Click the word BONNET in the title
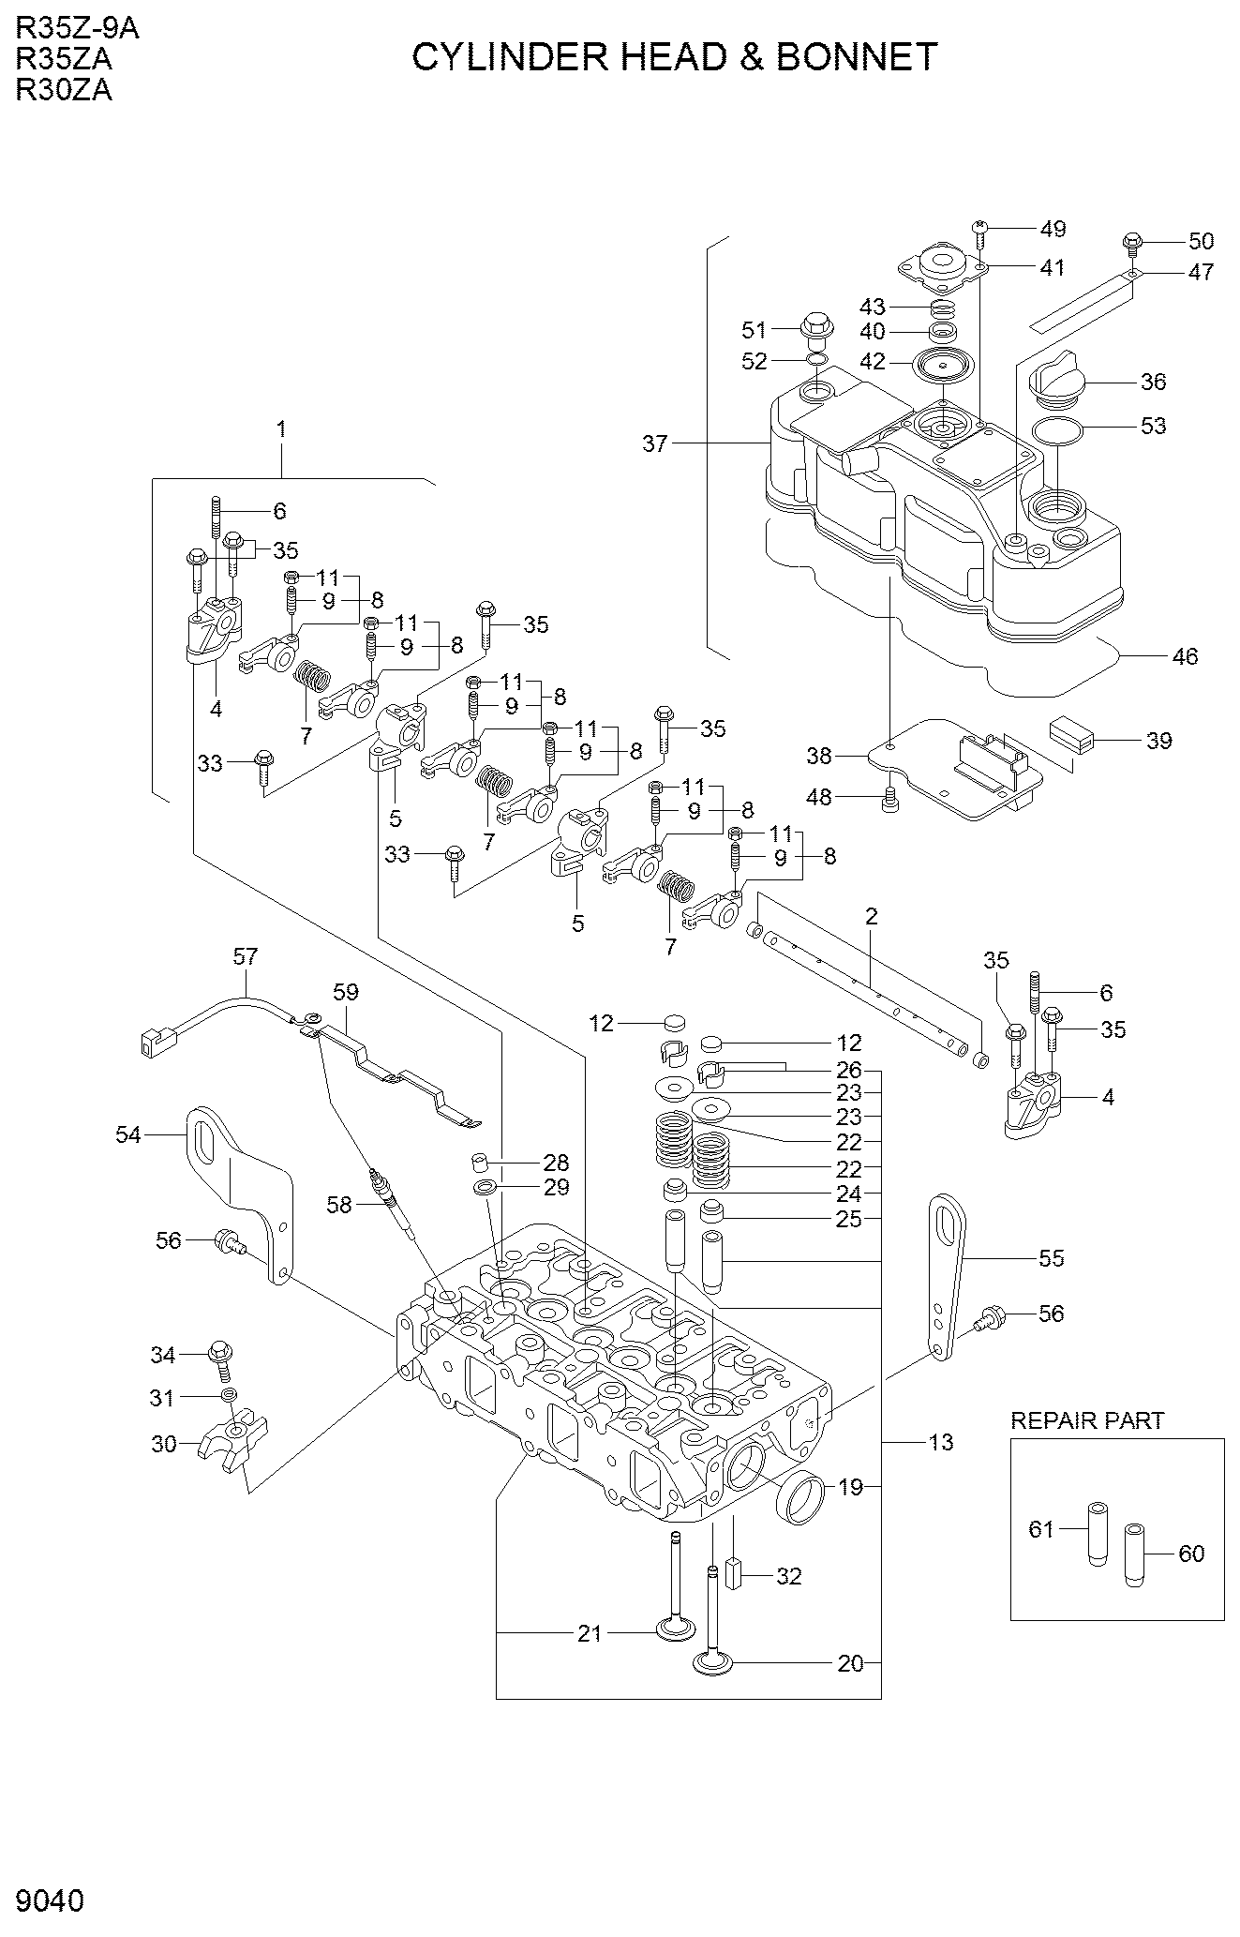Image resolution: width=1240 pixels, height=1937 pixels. (x=856, y=58)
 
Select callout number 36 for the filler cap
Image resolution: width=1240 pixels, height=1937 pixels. (x=1153, y=382)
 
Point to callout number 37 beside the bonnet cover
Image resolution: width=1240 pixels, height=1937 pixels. (x=654, y=443)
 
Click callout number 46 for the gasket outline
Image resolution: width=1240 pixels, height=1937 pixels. (x=1185, y=656)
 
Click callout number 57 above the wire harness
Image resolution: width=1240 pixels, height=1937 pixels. (x=245, y=956)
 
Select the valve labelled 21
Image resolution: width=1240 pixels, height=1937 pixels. (x=676, y=1594)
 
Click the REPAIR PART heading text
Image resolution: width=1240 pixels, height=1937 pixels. (x=1086, y=1420)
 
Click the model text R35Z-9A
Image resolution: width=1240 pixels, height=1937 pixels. (x=77, y=29)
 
